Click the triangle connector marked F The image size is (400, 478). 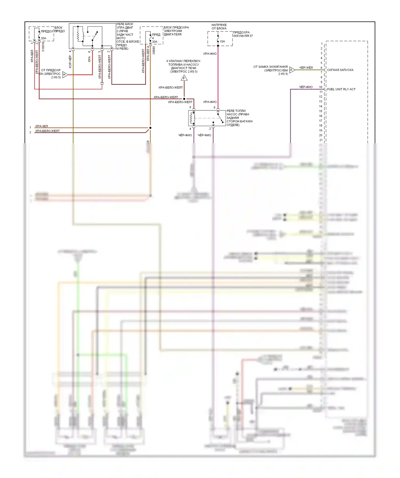tap(184, 78)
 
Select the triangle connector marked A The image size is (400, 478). tap(292, 70)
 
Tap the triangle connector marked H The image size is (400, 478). tap(65, 75)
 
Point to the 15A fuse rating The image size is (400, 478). tap(222, 42)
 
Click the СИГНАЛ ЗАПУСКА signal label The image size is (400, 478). tap(340, 70)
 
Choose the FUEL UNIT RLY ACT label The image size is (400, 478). tap(341, 89)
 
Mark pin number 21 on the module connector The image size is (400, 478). tap(321, 140)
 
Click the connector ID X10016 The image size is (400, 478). tap(43, 47)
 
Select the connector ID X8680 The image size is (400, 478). tap(154, 51)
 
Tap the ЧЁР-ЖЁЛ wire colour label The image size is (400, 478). tap(306, 68)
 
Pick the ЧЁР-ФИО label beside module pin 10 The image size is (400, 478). tap(306, 87)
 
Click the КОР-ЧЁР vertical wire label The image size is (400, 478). tap(70, 62)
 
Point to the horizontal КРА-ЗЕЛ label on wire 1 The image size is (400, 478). tap(42, 126)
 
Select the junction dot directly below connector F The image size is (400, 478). tap(184, 99)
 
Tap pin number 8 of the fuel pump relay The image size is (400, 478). tap(190, 107)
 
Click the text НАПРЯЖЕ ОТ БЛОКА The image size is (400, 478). tap(219, 27)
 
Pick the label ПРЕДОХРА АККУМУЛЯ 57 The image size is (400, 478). tap(243, 34)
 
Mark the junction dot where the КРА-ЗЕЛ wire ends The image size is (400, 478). tap(150, 128)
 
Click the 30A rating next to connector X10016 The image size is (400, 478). tap(43, 38)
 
